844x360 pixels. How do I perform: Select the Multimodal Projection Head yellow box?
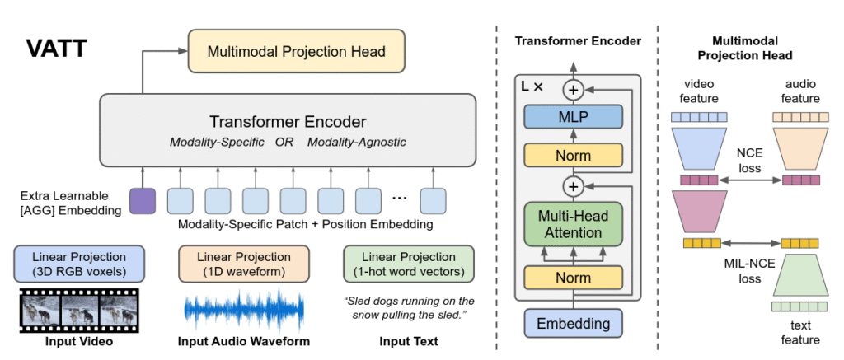click(296, 52)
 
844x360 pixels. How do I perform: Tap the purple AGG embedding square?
click(143, 201)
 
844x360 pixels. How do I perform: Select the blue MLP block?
click(573, 118)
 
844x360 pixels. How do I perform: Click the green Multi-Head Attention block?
click(573, 224)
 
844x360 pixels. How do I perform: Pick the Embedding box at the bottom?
click(573, 323)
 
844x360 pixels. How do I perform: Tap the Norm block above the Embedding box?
click(573, 278)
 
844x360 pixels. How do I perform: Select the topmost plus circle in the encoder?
click(573, 88)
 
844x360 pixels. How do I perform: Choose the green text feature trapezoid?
click(799, 275)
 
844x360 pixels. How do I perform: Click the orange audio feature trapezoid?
click(799, 148)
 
